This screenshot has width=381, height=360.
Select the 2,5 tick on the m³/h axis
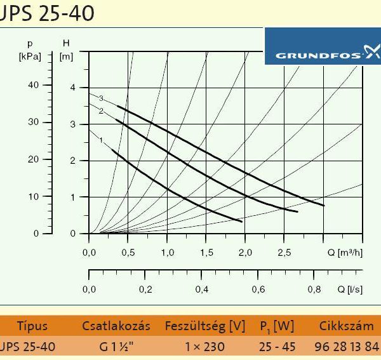(x=284, y=253)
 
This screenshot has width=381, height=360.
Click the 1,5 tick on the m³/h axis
(x=206, y=253)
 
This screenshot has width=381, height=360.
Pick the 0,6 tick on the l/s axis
(x=257, y=290)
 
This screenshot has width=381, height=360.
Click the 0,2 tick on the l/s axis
(x=145, y=290)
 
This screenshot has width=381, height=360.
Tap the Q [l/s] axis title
(x=349, y=290)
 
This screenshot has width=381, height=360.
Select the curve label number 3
(x=100, y=98)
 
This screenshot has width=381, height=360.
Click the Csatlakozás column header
(x=116, y=326)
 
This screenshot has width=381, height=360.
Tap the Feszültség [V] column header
(x=204, y=326)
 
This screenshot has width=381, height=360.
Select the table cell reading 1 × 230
(x=204, y=347)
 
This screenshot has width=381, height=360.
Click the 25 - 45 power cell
(x=276, y=347)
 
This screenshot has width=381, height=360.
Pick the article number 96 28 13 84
(x=346, y=347)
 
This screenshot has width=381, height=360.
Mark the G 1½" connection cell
(x=116, y=347)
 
